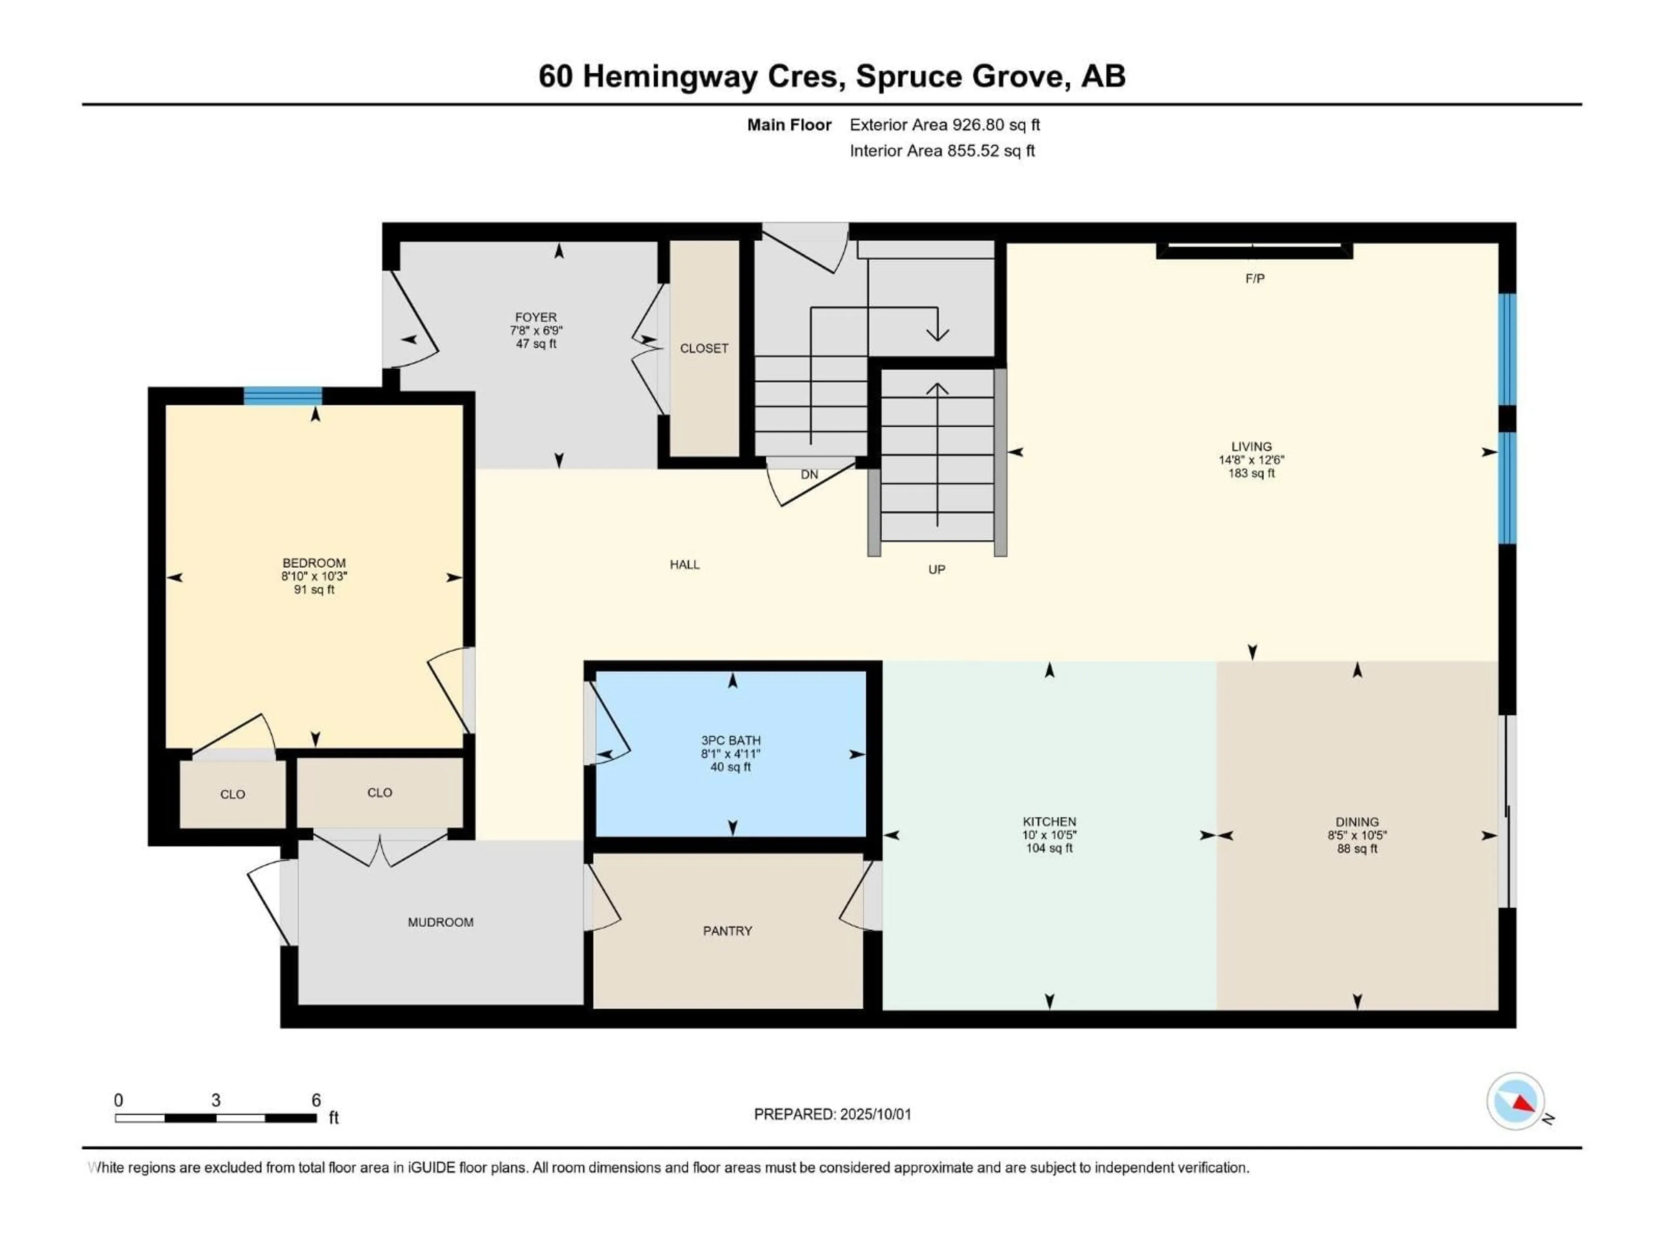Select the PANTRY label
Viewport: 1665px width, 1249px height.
(727, 931)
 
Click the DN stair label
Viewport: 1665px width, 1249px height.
(809, 474)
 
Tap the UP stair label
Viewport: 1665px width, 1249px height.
(937, 569)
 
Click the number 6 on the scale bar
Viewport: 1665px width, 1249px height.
(316, 1100)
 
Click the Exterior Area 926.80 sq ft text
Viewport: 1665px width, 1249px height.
(945, 125)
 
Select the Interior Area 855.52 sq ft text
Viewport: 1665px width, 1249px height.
(942, 150)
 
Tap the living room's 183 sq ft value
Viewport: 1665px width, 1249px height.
(1251, 474)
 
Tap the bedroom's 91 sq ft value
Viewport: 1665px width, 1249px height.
(314, 589)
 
